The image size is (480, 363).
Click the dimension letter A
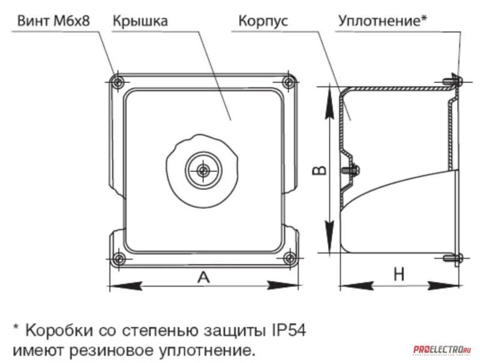(204, 277)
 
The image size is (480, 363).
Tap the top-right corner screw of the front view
(290, 81)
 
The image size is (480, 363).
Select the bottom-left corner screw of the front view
(119, 259)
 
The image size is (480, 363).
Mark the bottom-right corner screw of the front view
(290, 259)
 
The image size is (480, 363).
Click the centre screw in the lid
(203, 171)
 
